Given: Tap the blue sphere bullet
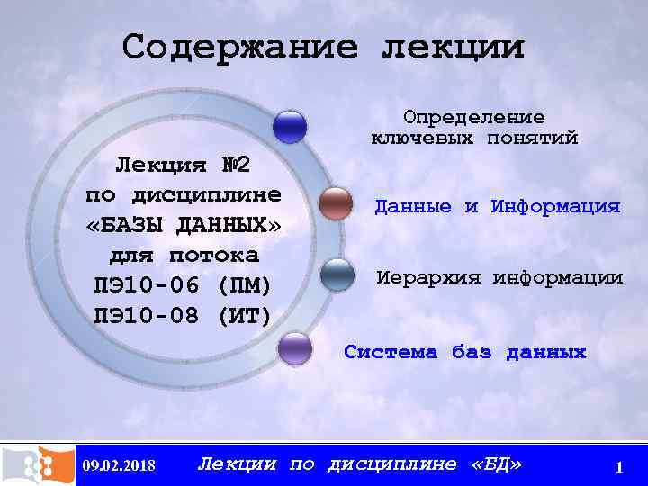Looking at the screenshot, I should point(290,127).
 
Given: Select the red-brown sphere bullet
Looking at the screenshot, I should point(336,204).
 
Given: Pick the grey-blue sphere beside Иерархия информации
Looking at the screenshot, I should point(337,275).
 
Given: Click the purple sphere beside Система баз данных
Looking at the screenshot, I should point(294,348).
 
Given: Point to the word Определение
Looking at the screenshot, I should point(474,118).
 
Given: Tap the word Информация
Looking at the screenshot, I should point(555,207).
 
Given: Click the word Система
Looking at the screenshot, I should point(390,352).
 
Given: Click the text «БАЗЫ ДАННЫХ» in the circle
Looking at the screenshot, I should point(184,225).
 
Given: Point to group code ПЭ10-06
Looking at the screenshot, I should point(146,285).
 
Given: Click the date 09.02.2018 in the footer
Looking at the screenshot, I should point(118,466).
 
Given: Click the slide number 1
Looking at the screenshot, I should point(619,467).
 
